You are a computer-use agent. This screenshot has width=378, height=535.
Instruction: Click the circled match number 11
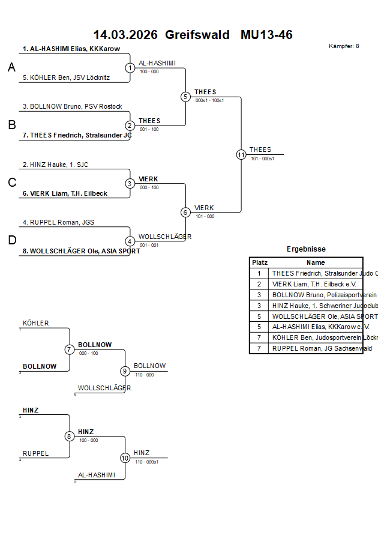tap(241, 154)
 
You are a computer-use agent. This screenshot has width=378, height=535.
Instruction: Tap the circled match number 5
tap(185, 97)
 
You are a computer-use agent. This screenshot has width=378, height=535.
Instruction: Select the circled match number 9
tap(125, 371)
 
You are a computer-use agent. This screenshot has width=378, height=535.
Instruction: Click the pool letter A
tap(11, 68)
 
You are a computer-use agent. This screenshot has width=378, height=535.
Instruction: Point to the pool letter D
tap(11, 240)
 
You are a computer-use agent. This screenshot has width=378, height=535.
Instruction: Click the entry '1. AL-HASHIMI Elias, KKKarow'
tap(71, 49)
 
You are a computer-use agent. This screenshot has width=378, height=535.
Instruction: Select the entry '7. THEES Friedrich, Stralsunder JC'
tap(77, 135)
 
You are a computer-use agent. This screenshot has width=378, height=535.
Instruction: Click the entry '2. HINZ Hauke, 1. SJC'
tap(55, 165)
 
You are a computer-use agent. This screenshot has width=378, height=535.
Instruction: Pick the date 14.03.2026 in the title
tap(125, 35)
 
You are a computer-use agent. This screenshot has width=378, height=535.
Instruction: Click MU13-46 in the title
tap(266, 35)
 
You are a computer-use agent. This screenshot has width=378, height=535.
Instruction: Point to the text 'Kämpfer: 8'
tap(344, 46)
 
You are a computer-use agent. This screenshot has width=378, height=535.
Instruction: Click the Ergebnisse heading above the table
tap(306, 249)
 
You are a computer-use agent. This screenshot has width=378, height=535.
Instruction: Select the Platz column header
tap(259, 262)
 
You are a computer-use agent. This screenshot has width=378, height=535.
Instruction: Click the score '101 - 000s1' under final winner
tap(262, 159)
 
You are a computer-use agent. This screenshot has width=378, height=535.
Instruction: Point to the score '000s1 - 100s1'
tap(209, 100)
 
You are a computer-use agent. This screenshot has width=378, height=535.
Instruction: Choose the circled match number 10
tap(125, 458)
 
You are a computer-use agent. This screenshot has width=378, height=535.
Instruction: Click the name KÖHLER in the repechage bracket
tap(36, 323)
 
